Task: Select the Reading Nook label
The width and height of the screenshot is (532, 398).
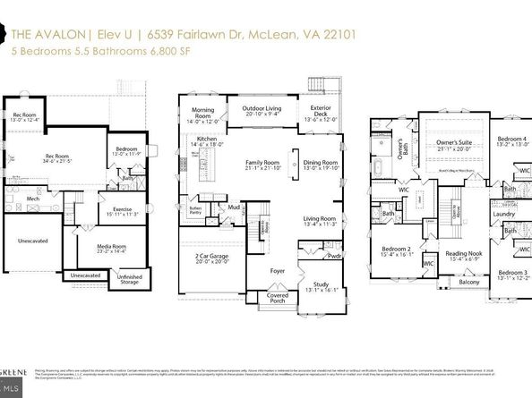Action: pyautogui.click(x=463, y=254)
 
